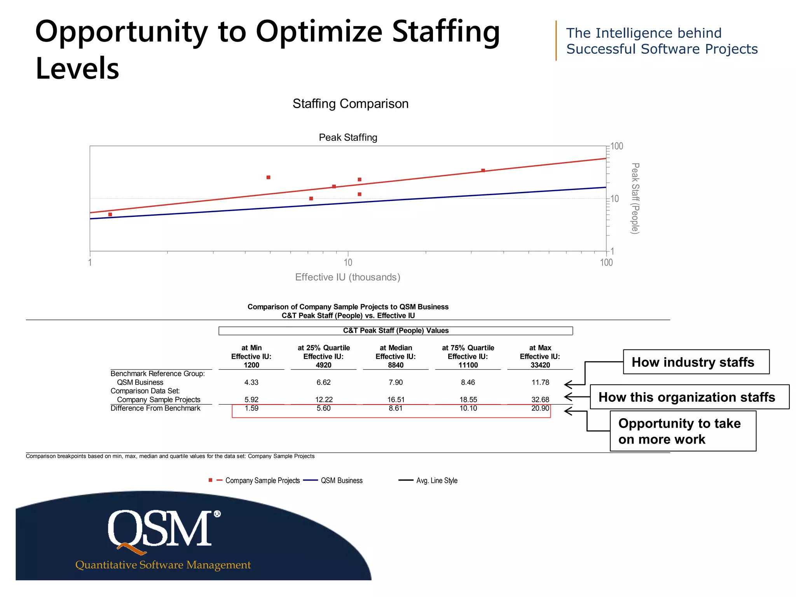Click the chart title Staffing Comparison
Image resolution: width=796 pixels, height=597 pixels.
tap(350, 104)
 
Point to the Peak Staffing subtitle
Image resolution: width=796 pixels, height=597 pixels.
tap(348, 137)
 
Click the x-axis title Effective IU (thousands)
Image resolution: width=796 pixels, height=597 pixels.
tap(347, 277)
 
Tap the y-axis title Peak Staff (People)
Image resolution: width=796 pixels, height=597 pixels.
tap(635, 198)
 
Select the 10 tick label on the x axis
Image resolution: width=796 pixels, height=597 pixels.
tap(348, 263)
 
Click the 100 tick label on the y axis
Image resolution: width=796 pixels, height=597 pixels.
tap(617, 147)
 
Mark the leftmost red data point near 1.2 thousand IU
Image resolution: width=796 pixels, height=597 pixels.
tap(110, 215)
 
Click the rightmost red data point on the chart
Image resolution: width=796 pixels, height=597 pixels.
tap(483, 171)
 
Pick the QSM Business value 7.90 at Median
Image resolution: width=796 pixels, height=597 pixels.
tap(396, 382)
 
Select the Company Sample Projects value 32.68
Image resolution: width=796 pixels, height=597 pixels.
tap(540, 400)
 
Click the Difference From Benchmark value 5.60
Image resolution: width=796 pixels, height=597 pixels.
tap(323, 408)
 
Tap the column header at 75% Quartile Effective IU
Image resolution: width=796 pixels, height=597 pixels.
tap(468, 356)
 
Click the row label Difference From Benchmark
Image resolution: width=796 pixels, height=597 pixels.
tap(155, 408)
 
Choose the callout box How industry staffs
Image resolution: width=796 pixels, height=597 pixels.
tap(696, 362)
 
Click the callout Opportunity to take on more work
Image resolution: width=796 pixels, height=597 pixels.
tap(683, 431)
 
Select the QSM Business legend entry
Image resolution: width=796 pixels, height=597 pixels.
tap(341, 480)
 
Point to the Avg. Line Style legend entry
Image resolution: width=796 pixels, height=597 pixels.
tap(436, 480)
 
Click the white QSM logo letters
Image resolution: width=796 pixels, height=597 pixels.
tap(160, 529)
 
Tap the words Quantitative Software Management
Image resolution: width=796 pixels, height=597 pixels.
tap(163, 565)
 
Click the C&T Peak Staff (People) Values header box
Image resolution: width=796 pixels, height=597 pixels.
tap(396, 331)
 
